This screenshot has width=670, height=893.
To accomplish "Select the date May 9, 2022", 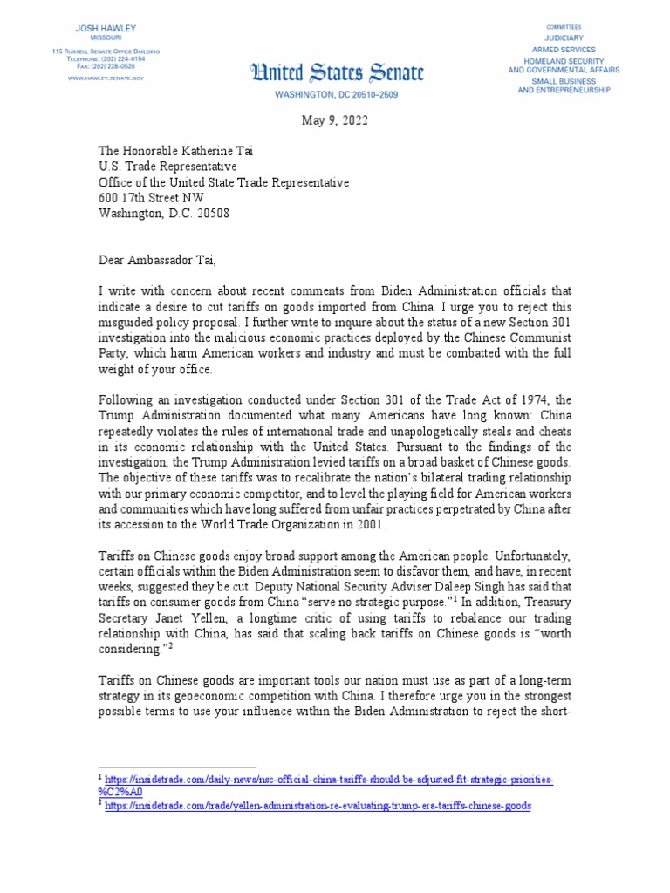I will [336, 121].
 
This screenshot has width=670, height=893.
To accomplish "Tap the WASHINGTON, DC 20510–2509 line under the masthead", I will [336, 93].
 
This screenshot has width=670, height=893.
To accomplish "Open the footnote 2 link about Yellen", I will [318, 807].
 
